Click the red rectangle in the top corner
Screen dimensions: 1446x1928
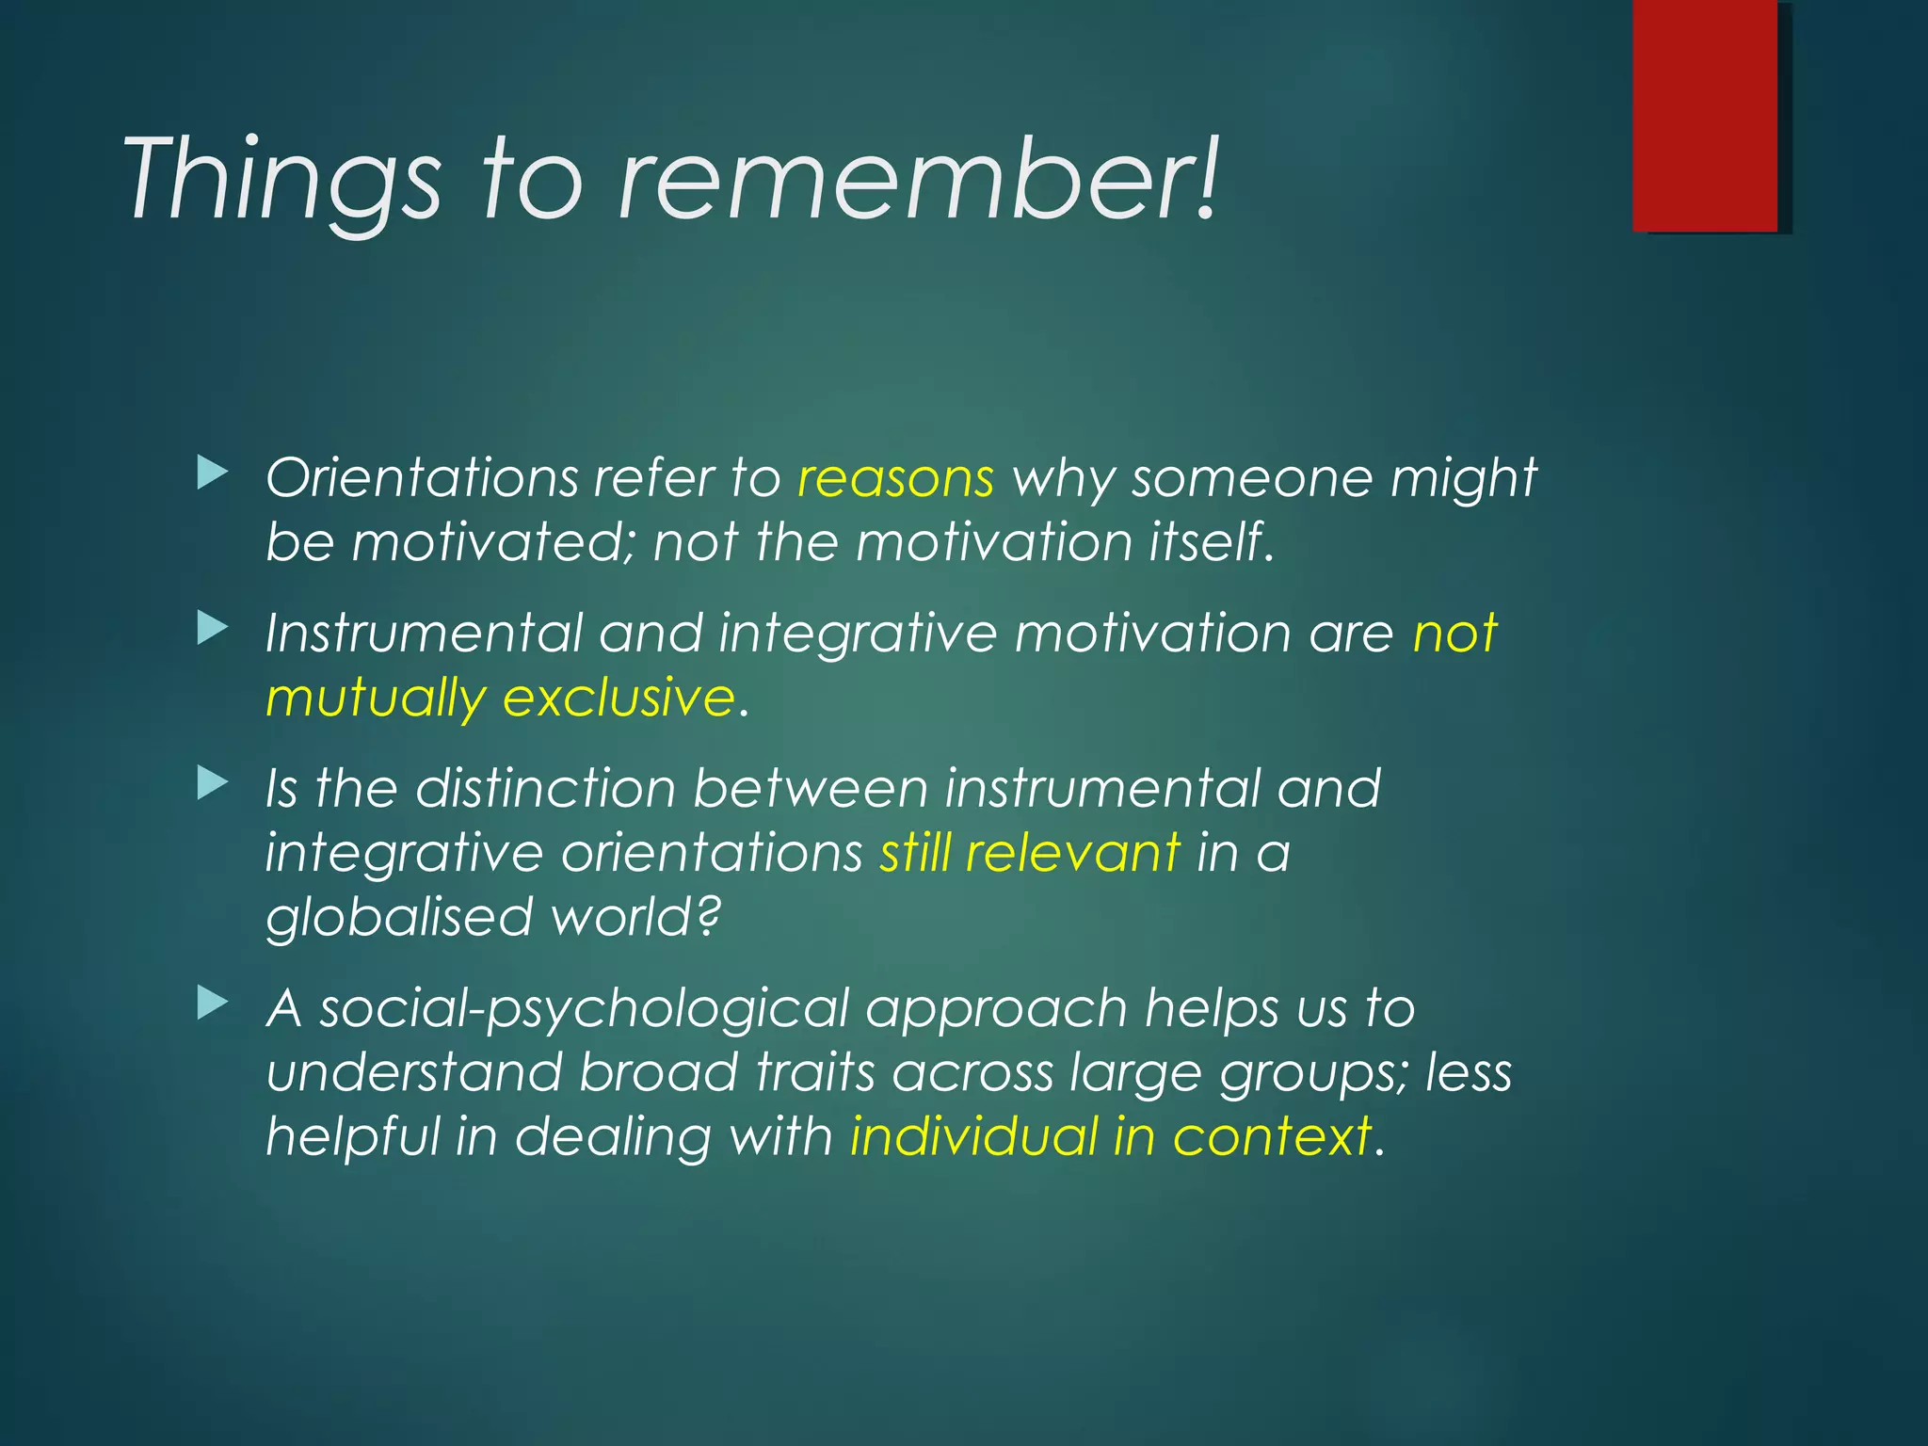pyautogui.click(x=1705, y=115)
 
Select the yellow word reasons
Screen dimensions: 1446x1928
pyautogui.click(x=895, y=478)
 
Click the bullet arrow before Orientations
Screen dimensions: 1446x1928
pyautogui.click(x=213, y=473)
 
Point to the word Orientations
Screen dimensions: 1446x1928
pyautogui.click(x=422, y=478)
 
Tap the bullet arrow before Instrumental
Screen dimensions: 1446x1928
pyautogui.click(x=213, y=628)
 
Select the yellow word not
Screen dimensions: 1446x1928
pyautogui.click(x=1454, y=633)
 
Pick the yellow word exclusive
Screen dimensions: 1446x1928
pyautogui.click(x=619, y=698)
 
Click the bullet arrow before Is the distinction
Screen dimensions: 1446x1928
pyautogui.click(x=213, y=782)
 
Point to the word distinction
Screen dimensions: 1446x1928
pyautogui.click(x=545, y=788)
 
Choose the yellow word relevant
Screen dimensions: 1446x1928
pyautogui.click(x=1072, y=853)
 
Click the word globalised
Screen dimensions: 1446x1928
pyautogui.click(x=399, y=917)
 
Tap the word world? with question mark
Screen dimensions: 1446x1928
pyautogui.click(x=635, y=917)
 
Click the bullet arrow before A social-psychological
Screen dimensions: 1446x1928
pyautogui.click(x=213, y=1004)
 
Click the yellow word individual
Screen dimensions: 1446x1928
pyautogui.click(x=973, y=1136)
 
